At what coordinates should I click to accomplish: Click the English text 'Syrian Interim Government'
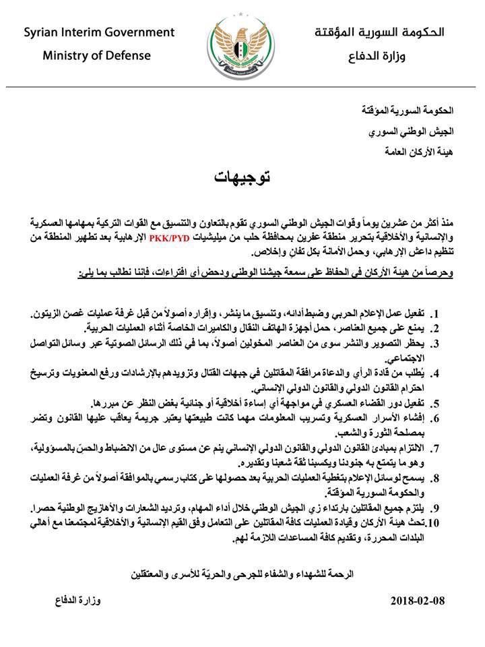point(99,32)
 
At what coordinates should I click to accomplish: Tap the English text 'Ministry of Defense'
point(98,55)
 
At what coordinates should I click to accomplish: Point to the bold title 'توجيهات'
point(242,178)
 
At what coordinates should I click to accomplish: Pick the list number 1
point(436,315)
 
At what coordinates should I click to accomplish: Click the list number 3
point(436,343)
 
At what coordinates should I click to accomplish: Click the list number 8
point(436,479)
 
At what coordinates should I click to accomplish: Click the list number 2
point(436,329)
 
